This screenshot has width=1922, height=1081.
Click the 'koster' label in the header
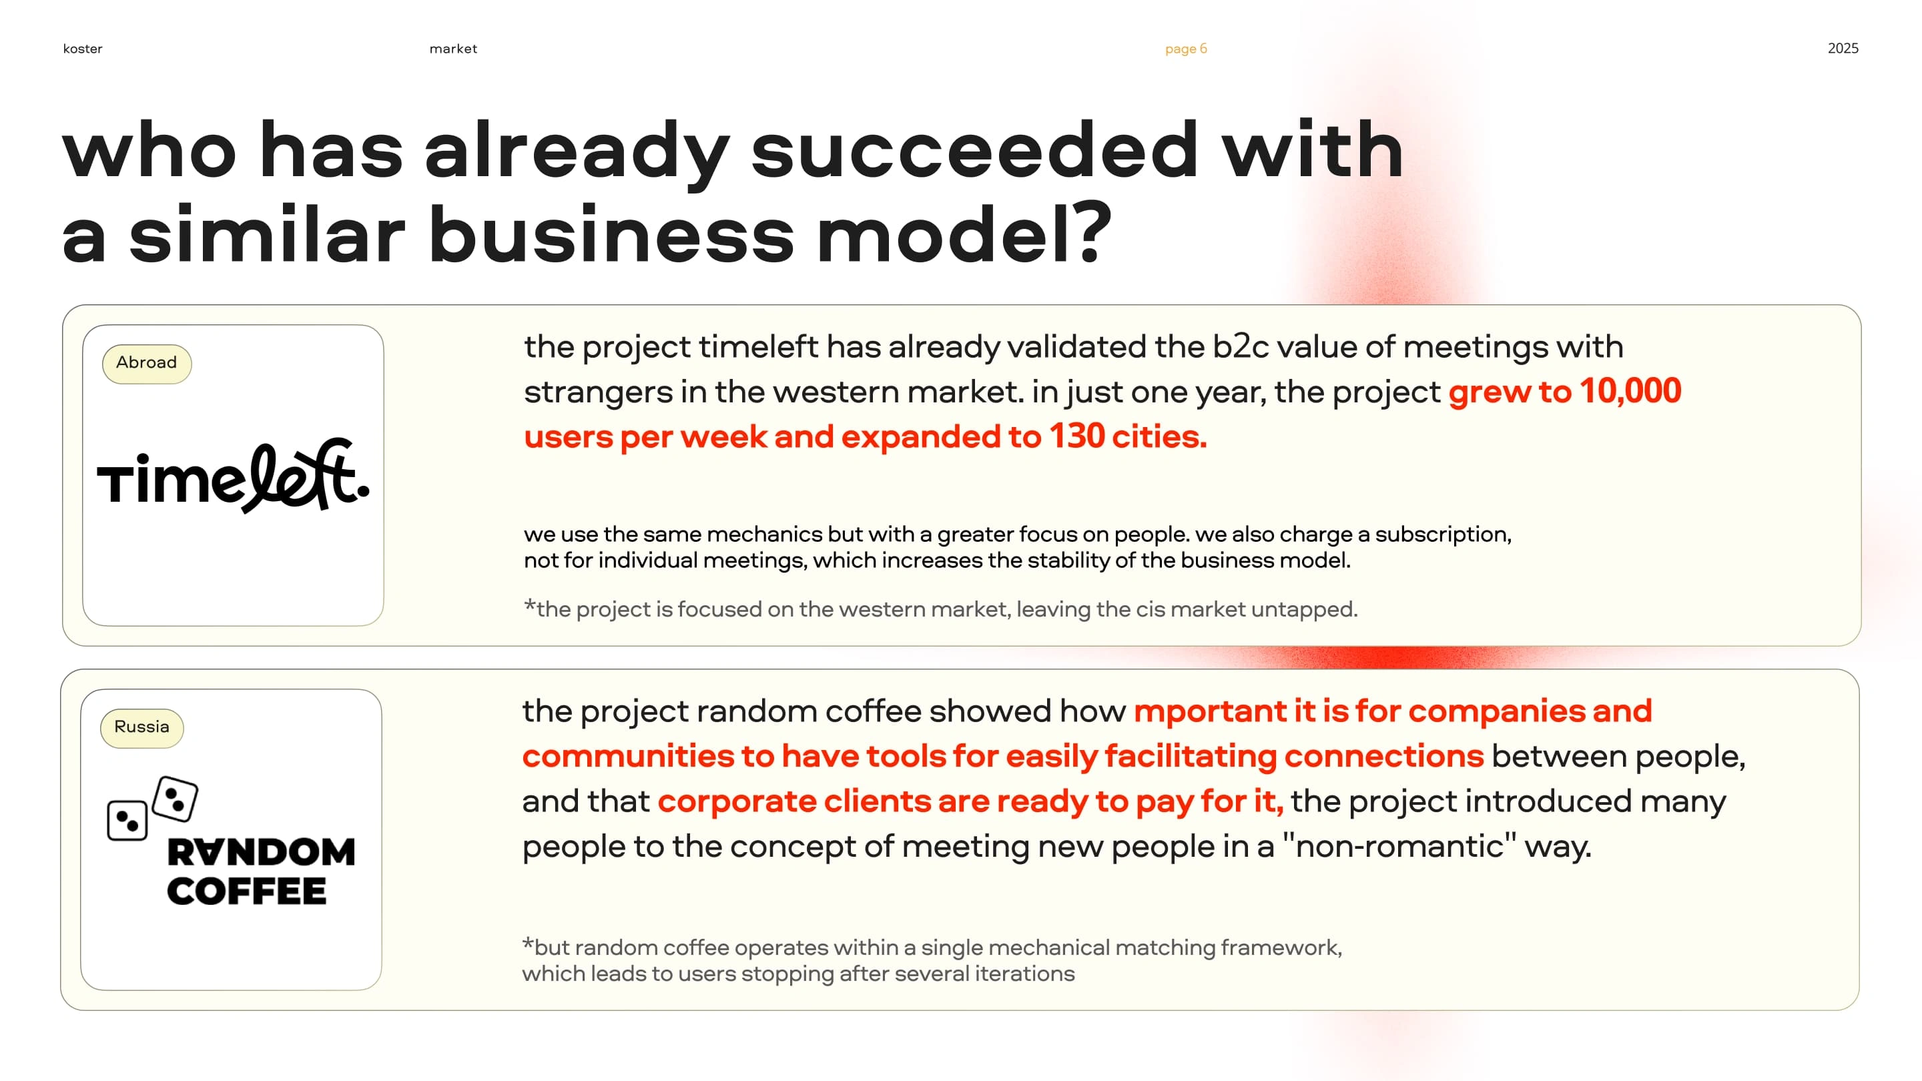point(83,49)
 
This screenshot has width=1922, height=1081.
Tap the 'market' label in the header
point(453,49)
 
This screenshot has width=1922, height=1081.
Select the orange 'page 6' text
point(1186,49)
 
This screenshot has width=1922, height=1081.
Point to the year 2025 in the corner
point(1843,49)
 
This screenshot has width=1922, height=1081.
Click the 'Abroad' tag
point(146,363)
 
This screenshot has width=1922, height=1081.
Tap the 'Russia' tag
point(141,727)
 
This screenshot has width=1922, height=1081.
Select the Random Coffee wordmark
point(260,871)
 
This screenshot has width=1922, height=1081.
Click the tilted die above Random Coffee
point(175,799)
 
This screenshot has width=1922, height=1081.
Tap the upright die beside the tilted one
point(127,821)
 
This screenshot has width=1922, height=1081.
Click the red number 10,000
point(1630,391)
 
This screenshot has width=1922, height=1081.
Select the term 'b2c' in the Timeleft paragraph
point(1240,347)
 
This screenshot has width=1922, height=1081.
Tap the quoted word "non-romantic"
point(1399,846)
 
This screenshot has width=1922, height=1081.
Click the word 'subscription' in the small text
point(1443,535)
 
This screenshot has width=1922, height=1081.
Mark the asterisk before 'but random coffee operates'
point(527,943)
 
